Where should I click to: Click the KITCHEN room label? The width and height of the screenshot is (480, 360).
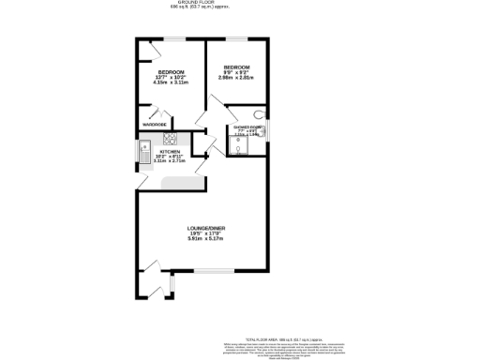coord(169,151)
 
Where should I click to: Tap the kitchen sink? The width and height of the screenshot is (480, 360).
coord(145,150)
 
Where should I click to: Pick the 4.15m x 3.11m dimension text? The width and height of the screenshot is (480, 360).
coord(170,82)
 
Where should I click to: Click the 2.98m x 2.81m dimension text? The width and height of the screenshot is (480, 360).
coord(236,78)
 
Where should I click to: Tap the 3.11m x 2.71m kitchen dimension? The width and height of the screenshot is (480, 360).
coord(169,161)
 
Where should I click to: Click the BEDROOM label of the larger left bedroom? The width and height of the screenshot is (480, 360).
coord(170,72)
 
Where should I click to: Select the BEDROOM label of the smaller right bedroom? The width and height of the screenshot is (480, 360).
coord(236,67)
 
